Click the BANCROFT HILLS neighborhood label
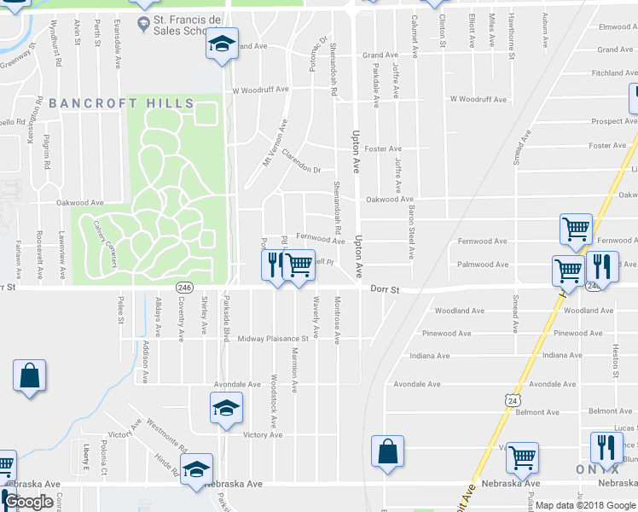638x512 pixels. [x=121, y=103]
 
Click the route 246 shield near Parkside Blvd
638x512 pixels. [x=183, y=288]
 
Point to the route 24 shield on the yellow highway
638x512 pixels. [x=511, y=399]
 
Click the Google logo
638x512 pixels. [x=29, y=502]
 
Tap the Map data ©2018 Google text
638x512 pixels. [x=584, y=505]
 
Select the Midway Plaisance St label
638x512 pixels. [x=277, y=339]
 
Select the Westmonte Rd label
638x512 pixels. [x=167, y=435]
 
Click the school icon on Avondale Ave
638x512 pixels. [x=226, y=409]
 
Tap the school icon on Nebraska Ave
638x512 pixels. [x=196, y=469]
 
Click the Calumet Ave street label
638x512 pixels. [x=414, y=36]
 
